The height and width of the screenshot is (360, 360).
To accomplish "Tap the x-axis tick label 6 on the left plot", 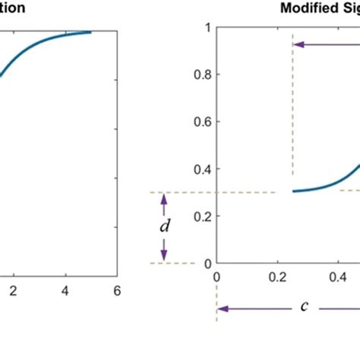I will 116,289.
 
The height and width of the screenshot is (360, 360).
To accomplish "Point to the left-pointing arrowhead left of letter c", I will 223,309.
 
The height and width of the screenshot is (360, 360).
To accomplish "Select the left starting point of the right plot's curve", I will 293,191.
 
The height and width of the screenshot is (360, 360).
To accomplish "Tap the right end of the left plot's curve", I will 90,32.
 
